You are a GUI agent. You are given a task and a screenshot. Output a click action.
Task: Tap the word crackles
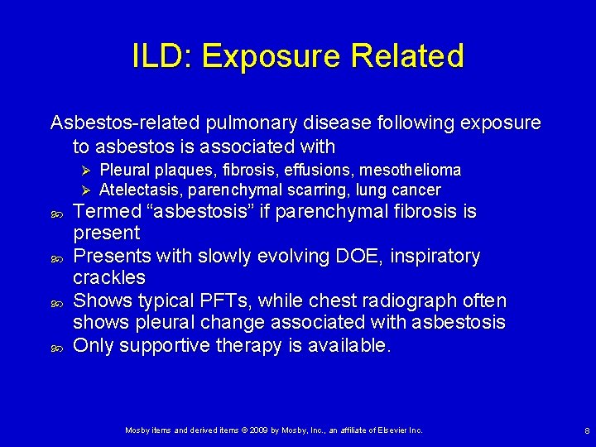click(x=109, y=277)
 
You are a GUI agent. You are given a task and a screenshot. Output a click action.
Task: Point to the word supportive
click(x=170, y=345)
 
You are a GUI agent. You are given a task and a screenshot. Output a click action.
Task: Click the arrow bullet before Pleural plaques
click(x=80, y=170)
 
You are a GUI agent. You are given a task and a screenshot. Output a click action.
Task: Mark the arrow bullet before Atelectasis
click(x=80, y=190)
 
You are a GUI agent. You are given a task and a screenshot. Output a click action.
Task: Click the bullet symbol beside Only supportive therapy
click(x=55, y=346)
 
